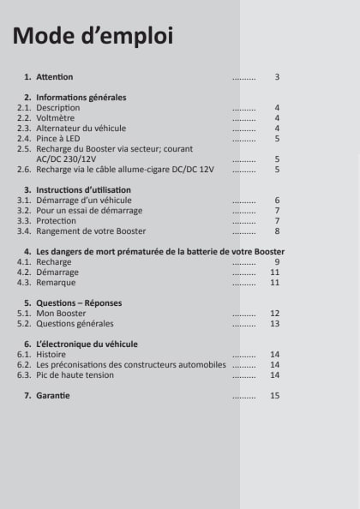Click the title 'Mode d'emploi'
[93, 36]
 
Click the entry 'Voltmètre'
[55, 118]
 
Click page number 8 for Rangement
[277, 231]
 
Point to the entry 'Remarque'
[56, 282]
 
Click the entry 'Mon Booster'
[61, 314]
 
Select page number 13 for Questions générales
[275, 324]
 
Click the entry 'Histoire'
[51, 354]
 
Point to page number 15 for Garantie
[275, 395]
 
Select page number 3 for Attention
[277, 77]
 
